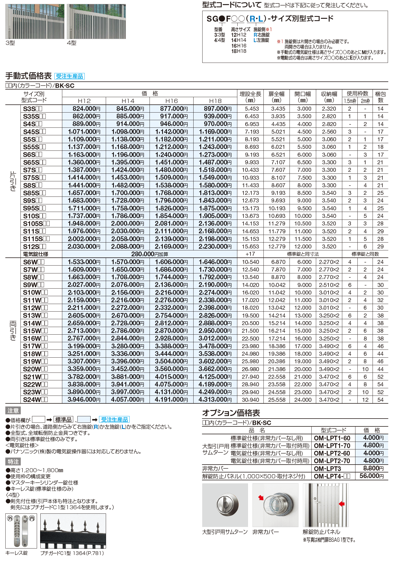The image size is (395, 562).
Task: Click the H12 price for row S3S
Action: tap(84, 109)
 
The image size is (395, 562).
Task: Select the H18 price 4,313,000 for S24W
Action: tap(215, 400)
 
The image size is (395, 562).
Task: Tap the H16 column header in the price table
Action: tap(171, 101)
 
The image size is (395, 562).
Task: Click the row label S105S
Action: tap(36, 224)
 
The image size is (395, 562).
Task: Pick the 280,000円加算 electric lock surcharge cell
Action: tap(150, 254)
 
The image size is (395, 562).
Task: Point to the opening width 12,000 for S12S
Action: tap(303, 247)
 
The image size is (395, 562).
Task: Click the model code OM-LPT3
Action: tap(327, 469)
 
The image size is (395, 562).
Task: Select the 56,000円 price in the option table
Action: tap(371, 476)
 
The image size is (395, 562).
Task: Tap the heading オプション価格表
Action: tap(231, 413)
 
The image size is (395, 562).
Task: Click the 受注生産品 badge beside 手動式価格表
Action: tap(69, 76)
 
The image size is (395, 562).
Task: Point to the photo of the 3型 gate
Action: tap(35, 21)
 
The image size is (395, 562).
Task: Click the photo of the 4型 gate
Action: tap(96, 21)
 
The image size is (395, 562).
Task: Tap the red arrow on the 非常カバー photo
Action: tap(261, 498)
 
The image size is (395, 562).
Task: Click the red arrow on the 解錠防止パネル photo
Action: tap(341, 504)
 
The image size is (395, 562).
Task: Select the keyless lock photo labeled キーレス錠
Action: tap(21, 531)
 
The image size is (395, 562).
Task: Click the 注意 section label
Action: tap(13, 411)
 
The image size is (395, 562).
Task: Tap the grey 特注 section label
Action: tap(13, 462)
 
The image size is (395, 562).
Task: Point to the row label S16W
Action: tap(35, 339)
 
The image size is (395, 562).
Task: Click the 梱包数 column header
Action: tap(380, 97)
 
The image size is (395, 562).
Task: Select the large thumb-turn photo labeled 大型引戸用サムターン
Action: tap(225, 505)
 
